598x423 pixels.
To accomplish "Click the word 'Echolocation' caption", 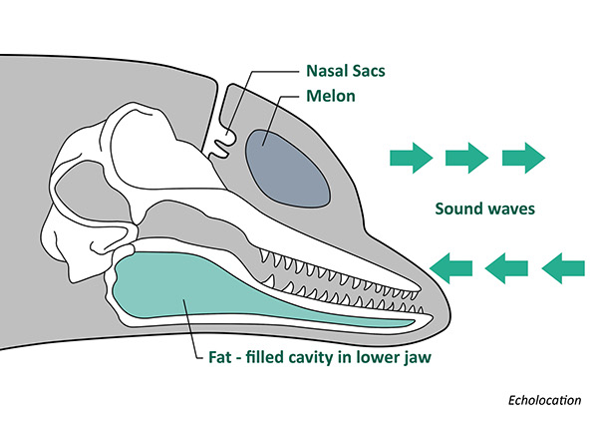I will click(x=542, y=400).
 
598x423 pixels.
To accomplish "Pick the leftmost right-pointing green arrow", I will click(x=410, y=156).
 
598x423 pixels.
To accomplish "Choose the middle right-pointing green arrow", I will click(x=466, y=156).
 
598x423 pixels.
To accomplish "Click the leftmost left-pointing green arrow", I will click(x=451, y=265).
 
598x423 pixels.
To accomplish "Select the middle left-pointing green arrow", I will click(x=506, y=265).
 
